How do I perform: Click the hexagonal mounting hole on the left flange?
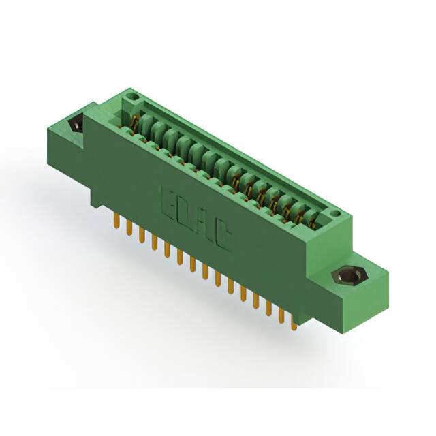pyautogui.click(x=75, y=125)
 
